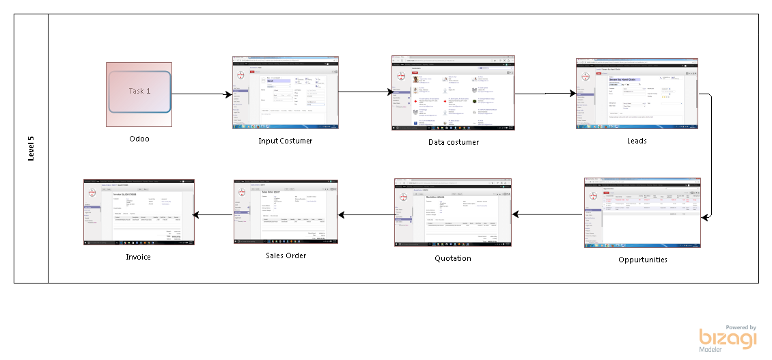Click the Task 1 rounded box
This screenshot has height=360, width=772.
pos(139,91)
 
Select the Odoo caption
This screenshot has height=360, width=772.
pos(139,139)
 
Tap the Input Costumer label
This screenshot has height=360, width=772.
pos(286,141)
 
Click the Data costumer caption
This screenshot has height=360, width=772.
pos(449,141)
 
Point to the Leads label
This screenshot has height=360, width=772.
pos(637,141)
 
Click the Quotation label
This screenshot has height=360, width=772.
pos(453,258)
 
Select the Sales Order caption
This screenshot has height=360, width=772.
pos(286,255)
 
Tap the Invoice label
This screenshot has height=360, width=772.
pos(138,257)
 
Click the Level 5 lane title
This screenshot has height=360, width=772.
pos(31,148)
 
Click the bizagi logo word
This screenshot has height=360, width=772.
pos(728,339)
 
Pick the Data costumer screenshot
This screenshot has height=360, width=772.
pos(453,92)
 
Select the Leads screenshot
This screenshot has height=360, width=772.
pos(637,94)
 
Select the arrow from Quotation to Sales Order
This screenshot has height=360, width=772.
pos(366,215)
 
